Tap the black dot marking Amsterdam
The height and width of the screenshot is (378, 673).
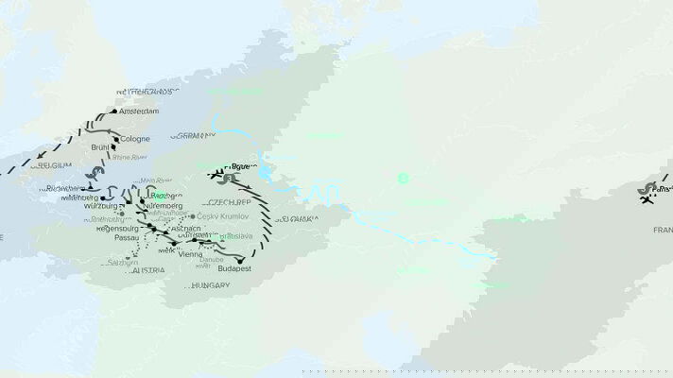(x=115, y=112)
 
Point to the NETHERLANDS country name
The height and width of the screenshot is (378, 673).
(x=147, y=92)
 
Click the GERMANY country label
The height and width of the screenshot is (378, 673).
(x=193, y=135)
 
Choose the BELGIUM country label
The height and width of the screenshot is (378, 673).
(x=52, y=164)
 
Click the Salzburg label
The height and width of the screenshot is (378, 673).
(x=123, y=262)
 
